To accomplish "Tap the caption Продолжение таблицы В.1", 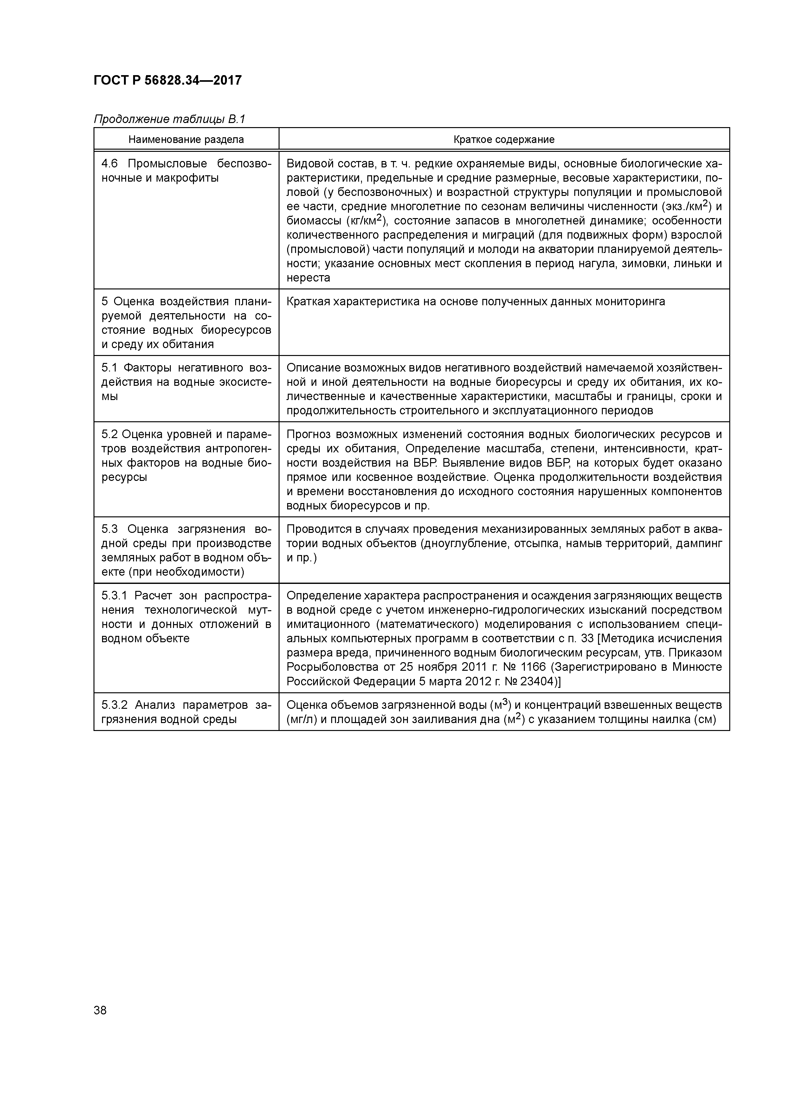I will click(170, 119).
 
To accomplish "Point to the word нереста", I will click(308, 278).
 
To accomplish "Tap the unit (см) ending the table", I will click(705, 719).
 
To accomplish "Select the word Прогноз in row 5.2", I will click(308, 435).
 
